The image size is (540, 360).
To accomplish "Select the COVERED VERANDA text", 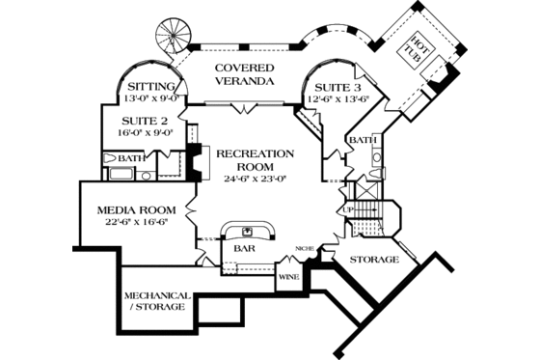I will pos(244,75).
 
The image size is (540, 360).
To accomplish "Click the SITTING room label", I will pos(152,86).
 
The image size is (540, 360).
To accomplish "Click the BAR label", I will pos(243,248).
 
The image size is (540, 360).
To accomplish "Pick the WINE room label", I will pos(289,277).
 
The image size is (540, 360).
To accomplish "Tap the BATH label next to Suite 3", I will pos(362,140).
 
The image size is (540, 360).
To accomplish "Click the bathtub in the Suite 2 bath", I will pos(121,175).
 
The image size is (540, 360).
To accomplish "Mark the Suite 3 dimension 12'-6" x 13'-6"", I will pos(339,97).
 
